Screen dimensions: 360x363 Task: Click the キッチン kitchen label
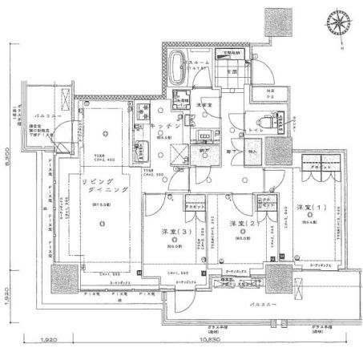pyautogui.click(x=152, y=127)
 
